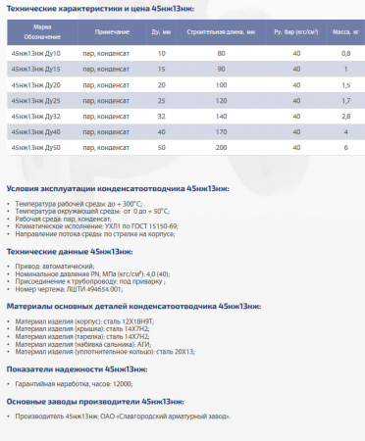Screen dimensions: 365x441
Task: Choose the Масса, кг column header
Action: coord(344,32)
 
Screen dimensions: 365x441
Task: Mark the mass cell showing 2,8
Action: coord(345,116)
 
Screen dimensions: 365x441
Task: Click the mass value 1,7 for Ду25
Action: coord(345,100)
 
